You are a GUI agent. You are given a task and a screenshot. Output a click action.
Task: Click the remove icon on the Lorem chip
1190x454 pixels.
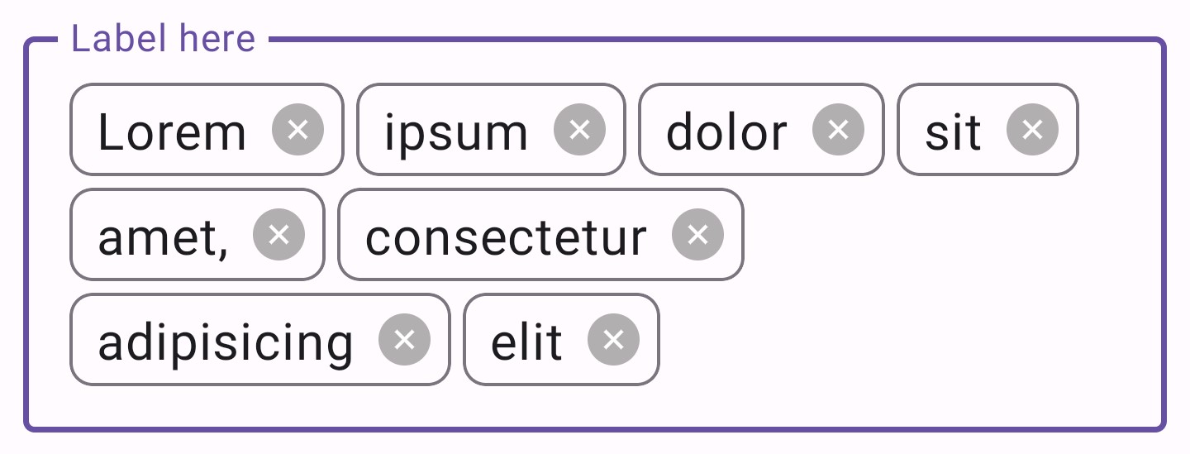tap(297, 130)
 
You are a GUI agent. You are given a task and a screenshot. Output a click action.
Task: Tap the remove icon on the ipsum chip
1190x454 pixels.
tap(579, 130)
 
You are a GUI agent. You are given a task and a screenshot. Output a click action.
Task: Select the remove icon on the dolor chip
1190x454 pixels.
tap(838, 130)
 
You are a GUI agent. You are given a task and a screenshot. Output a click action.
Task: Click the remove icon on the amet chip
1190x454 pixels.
tap(279, 235)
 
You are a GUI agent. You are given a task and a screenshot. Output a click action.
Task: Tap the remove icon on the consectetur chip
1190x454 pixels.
tap(697, 235)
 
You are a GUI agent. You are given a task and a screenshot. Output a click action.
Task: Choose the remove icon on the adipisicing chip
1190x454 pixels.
tap(404, 340)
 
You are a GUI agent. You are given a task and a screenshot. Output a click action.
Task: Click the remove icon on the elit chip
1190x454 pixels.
tap(613, 340)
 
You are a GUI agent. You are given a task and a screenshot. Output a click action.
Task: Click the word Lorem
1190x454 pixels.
tap(172, 132)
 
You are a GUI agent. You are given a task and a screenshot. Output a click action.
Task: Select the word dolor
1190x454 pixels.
tap(726, 132)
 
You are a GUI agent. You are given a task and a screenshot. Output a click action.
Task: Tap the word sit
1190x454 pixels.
tap(952, 132)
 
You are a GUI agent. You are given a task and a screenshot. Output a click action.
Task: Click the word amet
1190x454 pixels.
tap(158, 238)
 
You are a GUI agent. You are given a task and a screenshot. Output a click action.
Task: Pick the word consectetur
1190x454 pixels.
tap(505, 238)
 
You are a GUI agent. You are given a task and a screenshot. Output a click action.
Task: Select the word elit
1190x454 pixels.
tap(526, 342)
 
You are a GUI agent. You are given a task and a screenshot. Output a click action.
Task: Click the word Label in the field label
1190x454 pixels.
tap(116, 40)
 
